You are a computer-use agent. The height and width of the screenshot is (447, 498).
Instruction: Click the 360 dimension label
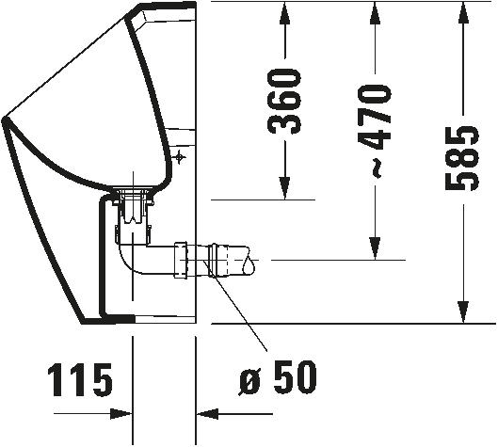pos(284,102)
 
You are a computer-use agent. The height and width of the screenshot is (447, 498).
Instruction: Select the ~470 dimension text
pos(374,130)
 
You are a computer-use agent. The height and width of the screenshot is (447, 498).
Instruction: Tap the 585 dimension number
pos(462,158)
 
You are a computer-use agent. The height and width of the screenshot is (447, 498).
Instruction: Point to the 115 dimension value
pos(80,380)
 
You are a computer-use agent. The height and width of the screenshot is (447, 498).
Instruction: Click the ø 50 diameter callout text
pos(278,377)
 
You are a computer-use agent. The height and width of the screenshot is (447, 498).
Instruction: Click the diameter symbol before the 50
pos(250,382)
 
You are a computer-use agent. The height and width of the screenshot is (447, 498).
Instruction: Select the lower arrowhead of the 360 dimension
pos(285,188)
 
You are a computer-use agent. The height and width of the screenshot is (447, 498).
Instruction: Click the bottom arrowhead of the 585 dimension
pos(463,312)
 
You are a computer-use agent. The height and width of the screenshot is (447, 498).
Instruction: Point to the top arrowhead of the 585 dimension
pos(463,12)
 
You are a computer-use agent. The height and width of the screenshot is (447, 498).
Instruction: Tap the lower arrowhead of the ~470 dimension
pos(375,248)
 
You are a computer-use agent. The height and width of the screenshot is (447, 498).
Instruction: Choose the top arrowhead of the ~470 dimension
pos(375,12)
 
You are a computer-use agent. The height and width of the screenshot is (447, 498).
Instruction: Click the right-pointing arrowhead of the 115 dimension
pos(121,414)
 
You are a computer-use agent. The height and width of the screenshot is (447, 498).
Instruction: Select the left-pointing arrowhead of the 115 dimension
pos(207,414)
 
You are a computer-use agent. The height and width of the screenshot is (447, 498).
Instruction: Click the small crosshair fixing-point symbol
pos(180,156)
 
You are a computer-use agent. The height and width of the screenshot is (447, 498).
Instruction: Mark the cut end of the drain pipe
pos(249,261)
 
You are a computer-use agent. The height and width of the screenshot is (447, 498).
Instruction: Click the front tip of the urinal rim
pos(4,120)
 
